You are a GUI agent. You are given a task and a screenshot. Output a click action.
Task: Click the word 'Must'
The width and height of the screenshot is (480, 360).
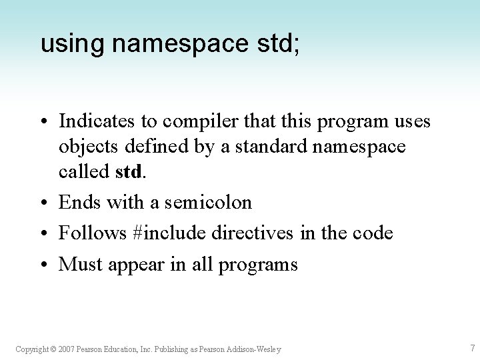click(78, 264)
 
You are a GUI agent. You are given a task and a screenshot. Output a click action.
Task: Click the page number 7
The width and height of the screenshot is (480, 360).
click(472, 348)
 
